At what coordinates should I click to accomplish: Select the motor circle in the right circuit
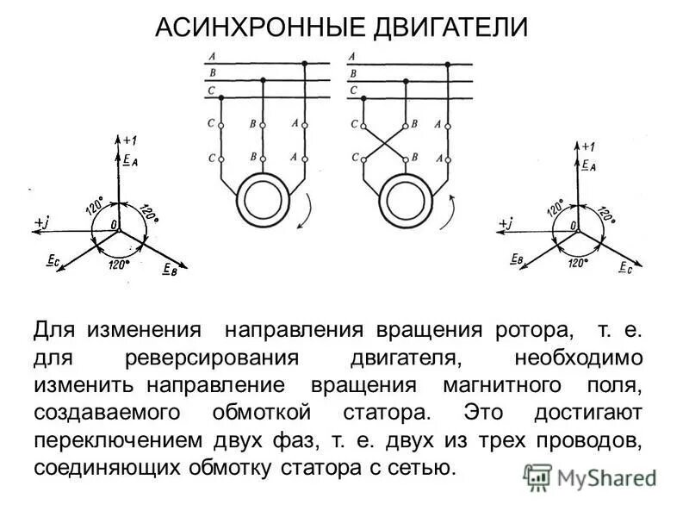coord(404,198)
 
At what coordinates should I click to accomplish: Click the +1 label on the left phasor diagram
coord(129,140)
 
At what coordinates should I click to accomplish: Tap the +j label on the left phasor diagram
coord(42,222)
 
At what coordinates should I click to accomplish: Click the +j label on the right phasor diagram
coord(506,223)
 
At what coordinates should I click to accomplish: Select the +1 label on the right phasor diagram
coord(588,146)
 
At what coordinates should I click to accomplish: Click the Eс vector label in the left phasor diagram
coord(51,261)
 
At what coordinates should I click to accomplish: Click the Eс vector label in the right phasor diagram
coord(626,267)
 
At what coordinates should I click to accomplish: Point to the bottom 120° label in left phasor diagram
coord(118,265)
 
